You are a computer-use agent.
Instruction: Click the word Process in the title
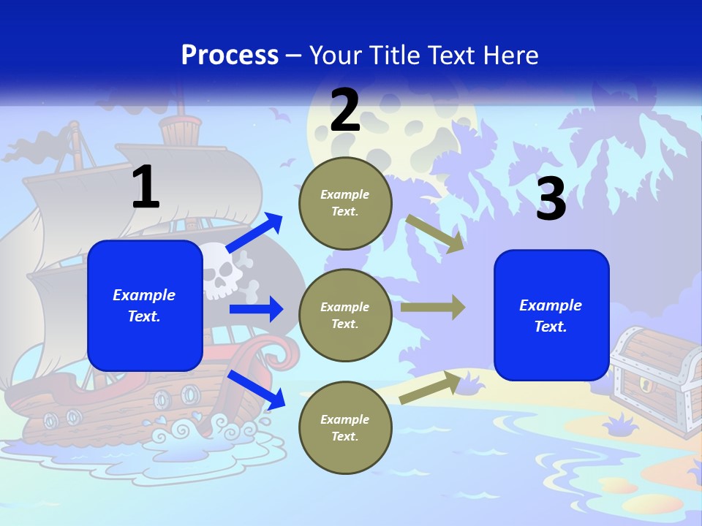[230, 56]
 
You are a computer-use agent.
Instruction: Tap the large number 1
[146, 188]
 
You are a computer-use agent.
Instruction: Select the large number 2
[345, 110]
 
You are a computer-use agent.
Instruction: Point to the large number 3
[551, 199]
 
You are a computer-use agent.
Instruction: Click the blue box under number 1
[145, 305]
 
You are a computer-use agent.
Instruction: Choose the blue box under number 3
[551, 315]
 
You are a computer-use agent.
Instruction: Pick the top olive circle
[345, 203]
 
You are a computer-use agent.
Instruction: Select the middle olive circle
[345, 315]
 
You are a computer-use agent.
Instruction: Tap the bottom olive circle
[345, 427]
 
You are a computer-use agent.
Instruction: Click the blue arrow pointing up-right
[254, 233]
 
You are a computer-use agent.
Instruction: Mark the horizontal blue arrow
[256, 309]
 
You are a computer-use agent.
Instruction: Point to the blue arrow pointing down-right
[256, 389]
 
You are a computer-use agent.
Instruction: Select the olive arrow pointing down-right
[434, 234]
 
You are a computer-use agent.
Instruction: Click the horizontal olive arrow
[433, 307]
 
